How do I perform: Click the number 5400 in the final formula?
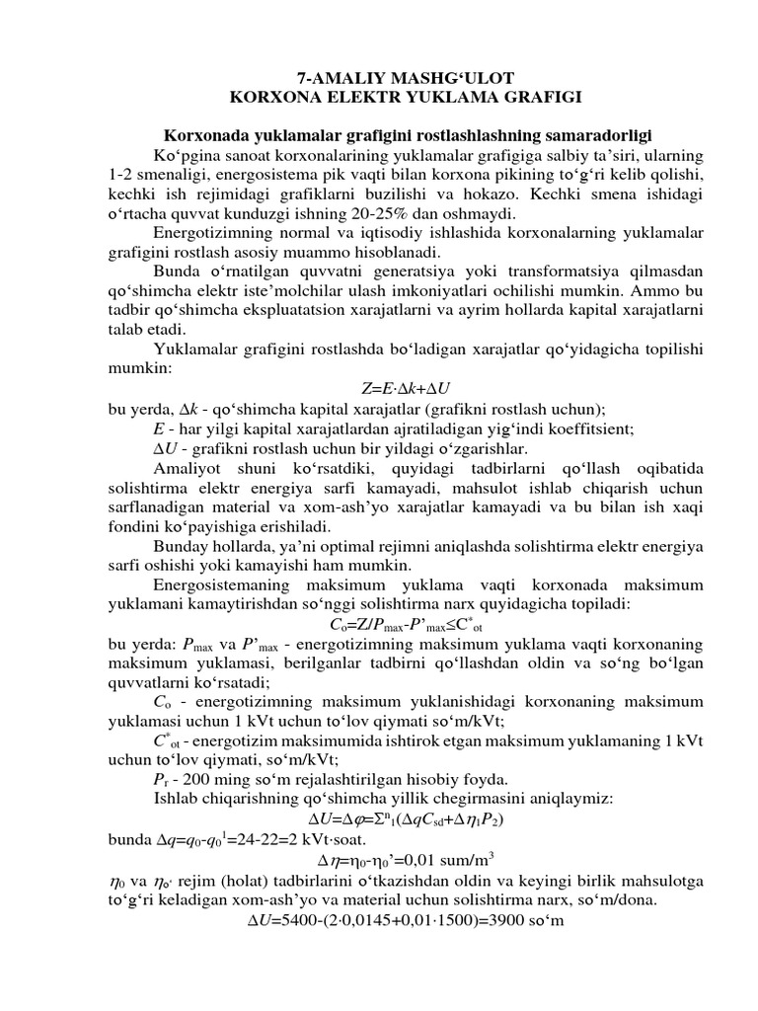(300, 922)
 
